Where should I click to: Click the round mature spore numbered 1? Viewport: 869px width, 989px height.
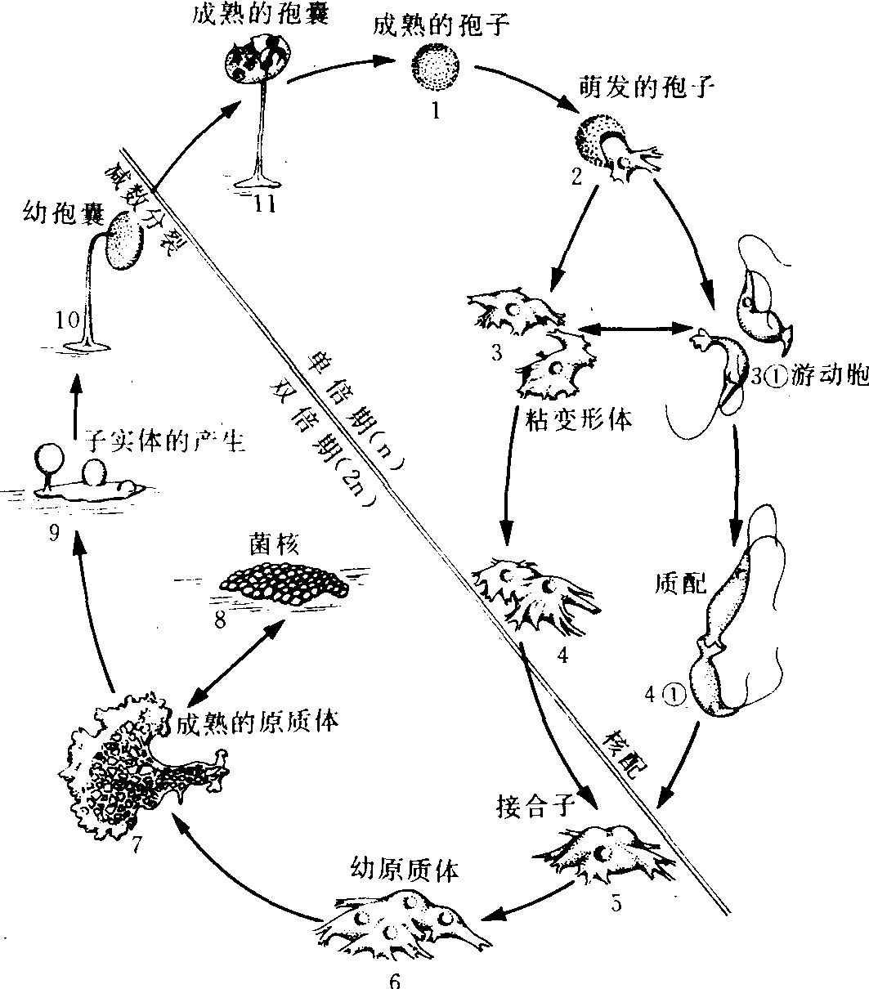(x=436, y=65)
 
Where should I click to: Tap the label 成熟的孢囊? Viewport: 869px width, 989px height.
(x=261, y=16)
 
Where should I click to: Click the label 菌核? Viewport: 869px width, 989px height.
(x=272, y=543)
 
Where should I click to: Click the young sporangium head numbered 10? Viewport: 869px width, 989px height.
(x=127, y=241)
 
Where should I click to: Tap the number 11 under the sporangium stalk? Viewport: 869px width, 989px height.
(x=262, y=205)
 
